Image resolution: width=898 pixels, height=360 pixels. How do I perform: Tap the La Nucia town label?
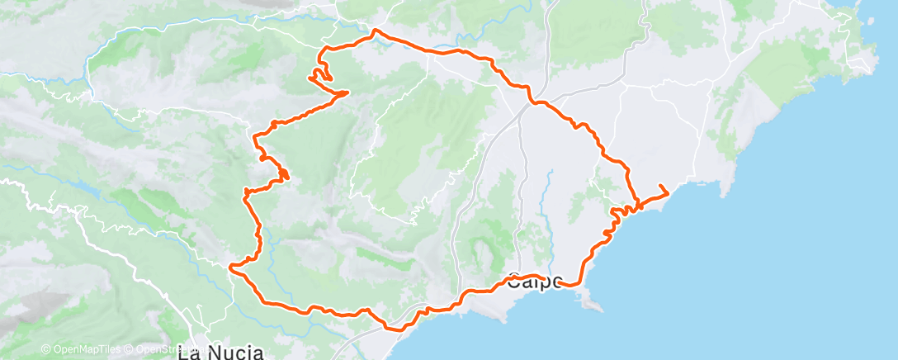tap(220, 353)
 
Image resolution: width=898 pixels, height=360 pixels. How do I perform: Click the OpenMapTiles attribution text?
tap(81, 350)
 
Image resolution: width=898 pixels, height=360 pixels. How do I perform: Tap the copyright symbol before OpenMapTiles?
tap(45, 350)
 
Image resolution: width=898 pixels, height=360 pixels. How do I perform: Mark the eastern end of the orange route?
tap(666, 194)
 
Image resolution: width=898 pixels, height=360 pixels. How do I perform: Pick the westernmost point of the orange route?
tap(230, 266)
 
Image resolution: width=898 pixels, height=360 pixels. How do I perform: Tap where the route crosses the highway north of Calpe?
tap(535, 102)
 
